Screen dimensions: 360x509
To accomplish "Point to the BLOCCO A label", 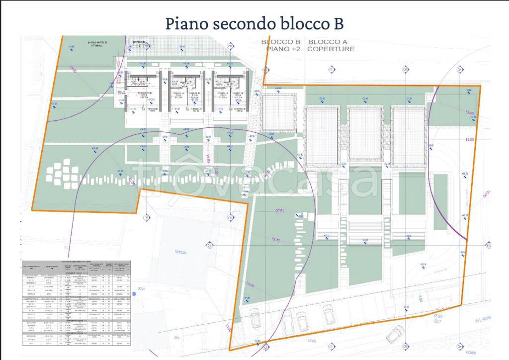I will [x=328, y=42].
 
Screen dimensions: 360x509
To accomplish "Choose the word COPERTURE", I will [x=331, y=49].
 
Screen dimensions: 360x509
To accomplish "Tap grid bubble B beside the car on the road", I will [x=406, y=345].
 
